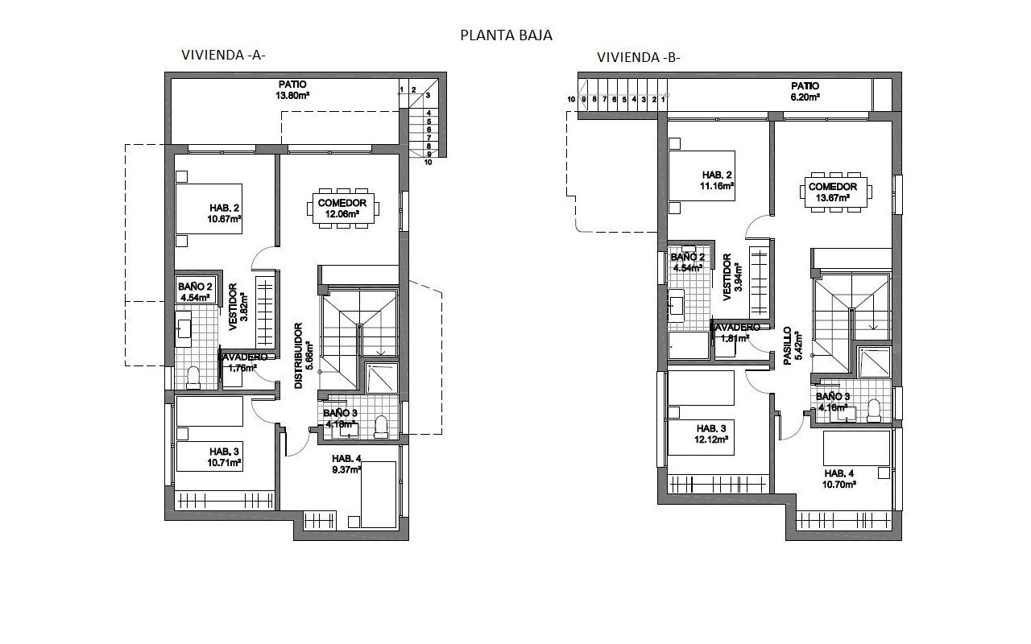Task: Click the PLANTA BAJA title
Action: point(506,35)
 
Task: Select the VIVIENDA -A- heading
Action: point(223,56)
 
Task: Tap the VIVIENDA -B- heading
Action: point(639,57)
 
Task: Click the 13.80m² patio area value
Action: point(293,95)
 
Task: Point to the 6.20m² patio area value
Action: point(804,96)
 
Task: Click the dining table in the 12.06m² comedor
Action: point(342,208)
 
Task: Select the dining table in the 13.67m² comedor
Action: point(838,192)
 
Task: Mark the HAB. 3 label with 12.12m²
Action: point(712,428)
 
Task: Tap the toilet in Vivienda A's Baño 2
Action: point(193,376)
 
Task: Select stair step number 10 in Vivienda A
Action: point(428,162)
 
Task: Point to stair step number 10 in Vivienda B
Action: point(571,99)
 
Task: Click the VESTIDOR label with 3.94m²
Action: point(727,278)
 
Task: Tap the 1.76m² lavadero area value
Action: point(242,368)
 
